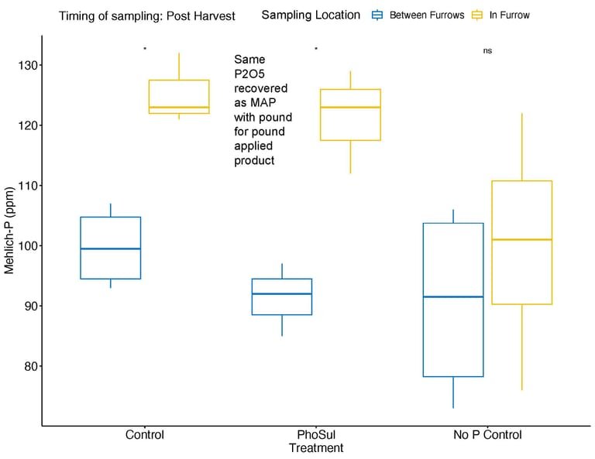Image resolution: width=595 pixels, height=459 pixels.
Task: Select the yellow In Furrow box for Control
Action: tap(179, 97)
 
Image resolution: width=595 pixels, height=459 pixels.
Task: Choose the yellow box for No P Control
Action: tap(521, 242)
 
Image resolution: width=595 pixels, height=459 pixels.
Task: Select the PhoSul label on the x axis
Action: tap(316, 434)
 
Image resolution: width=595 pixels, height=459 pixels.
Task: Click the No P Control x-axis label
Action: tap(487, 434)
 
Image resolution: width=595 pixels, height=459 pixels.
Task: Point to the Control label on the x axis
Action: tap(145, 434)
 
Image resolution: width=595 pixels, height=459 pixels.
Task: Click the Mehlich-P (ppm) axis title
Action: tap(9, 231)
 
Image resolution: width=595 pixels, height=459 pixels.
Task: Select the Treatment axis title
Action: tap(316, 448)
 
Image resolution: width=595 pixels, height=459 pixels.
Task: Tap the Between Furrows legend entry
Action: tap(426, 15)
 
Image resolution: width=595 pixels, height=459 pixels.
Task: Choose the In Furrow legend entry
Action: tap(509, 15)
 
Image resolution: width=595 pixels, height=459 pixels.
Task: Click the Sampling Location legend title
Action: tap(311, 15)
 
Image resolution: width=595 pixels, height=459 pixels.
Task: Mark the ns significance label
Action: tap(487, 50)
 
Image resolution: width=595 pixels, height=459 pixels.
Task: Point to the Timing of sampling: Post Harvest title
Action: tap(146, 15)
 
